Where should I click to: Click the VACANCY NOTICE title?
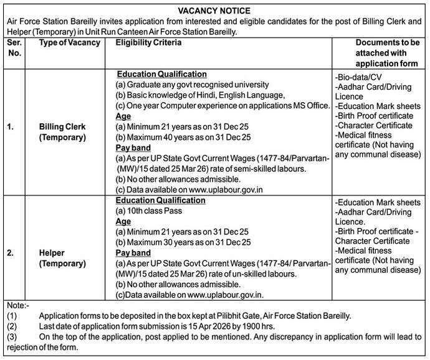pyautogui.click(x=214, y=11)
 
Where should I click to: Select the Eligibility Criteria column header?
pyautogui.click(x=148, y=42)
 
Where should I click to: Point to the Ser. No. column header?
pyautogui.click(x=14, y=48)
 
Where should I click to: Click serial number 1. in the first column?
pyautogui.click(x=11, y=127)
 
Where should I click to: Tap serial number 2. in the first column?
pyautogui.click(x=11, y=253)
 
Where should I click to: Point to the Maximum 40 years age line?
pyautogui.click(x=183, y=137)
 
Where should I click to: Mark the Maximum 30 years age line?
pyautogui.click(x=183, y=242)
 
